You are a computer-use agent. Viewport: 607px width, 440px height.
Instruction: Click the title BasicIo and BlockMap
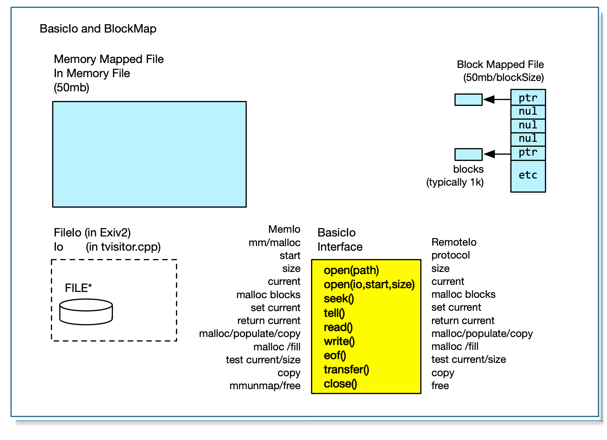(98, 29)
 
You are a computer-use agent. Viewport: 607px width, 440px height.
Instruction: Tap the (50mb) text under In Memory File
(71, 88)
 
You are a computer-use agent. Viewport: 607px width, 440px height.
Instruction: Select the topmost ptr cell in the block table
(528, 98)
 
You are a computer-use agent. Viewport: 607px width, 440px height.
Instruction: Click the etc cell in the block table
(528, 175)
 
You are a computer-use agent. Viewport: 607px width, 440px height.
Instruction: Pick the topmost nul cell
(528, 112)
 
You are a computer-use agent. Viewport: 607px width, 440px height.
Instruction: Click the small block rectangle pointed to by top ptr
(468, 100)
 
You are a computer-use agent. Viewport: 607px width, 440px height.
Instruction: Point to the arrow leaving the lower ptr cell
(497, 154)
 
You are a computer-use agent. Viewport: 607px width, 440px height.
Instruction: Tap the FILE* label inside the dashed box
(78, 288)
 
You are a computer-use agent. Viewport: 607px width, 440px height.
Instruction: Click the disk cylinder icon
(86, 312)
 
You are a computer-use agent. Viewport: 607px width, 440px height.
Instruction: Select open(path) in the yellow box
(351, 271)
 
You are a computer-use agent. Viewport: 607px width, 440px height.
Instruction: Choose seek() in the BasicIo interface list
(339, 299)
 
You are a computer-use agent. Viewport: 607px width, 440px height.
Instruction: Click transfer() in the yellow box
(346, 370)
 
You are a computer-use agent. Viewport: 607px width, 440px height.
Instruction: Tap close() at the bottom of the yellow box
(340, 384)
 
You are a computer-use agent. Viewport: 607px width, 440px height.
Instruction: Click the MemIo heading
(284, 229)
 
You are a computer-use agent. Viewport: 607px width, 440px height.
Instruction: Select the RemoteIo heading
(454, 242)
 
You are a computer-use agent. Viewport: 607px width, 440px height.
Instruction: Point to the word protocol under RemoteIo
(450, 255)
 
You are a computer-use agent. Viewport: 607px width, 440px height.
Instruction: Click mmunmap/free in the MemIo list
(265, 386)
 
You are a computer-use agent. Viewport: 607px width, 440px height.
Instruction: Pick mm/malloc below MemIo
(274, 243)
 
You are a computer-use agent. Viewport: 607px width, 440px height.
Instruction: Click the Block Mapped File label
(500, 65)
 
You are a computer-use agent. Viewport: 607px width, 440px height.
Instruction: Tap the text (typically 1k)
(455, 182)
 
